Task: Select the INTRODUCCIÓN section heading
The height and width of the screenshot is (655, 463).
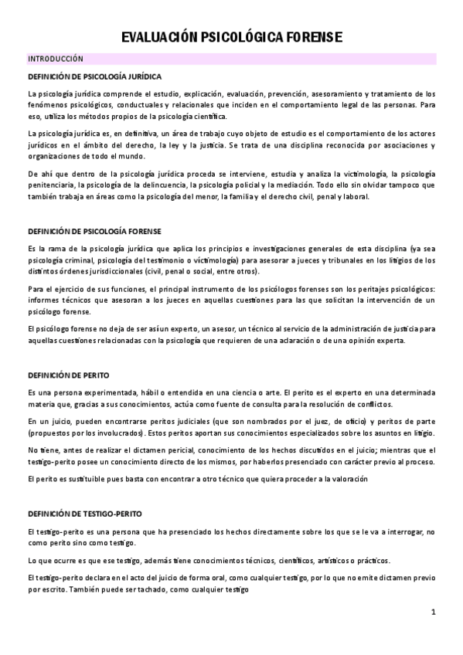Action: coord(56,59)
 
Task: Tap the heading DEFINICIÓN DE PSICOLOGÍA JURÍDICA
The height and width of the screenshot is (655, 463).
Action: coord(94,77)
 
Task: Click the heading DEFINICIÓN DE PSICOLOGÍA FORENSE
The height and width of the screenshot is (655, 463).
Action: coord(94,230)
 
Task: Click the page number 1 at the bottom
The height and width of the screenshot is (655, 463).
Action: coord(434,613)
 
